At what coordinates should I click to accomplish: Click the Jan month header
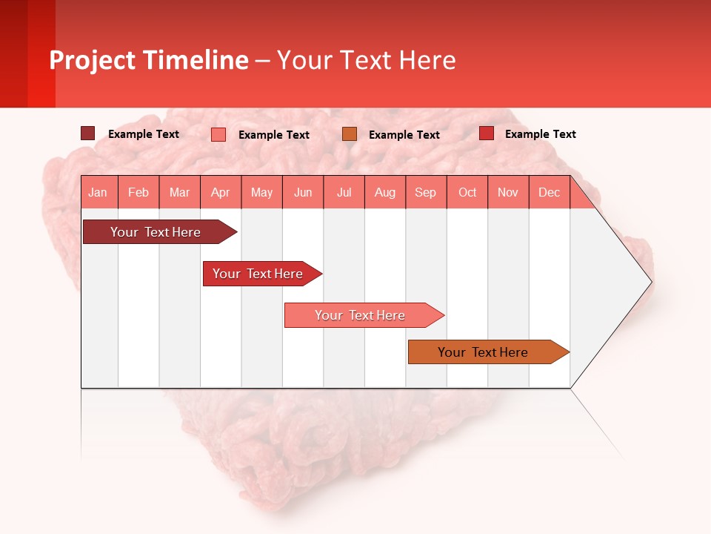point(98,192)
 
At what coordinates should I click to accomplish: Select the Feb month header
point(138,192)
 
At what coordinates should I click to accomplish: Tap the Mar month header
point(179,192)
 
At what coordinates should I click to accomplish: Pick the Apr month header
point(221,192)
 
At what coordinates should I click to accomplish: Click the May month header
point(261,192)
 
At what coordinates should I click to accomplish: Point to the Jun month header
point(303,192)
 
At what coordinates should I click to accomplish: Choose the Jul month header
point(344,192)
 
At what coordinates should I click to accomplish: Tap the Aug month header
point(385,192)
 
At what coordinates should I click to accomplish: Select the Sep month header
point(426,192)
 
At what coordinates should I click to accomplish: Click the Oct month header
point(467,192)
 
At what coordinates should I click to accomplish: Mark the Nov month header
point(508,192)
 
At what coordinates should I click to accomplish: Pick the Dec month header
point(550,192)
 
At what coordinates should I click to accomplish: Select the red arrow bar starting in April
point(259,274)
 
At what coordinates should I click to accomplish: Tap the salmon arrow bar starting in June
point(361,315)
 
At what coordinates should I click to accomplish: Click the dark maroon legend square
point(88,133)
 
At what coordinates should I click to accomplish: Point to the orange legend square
point(350,134)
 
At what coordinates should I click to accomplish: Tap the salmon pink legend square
point(218,134)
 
